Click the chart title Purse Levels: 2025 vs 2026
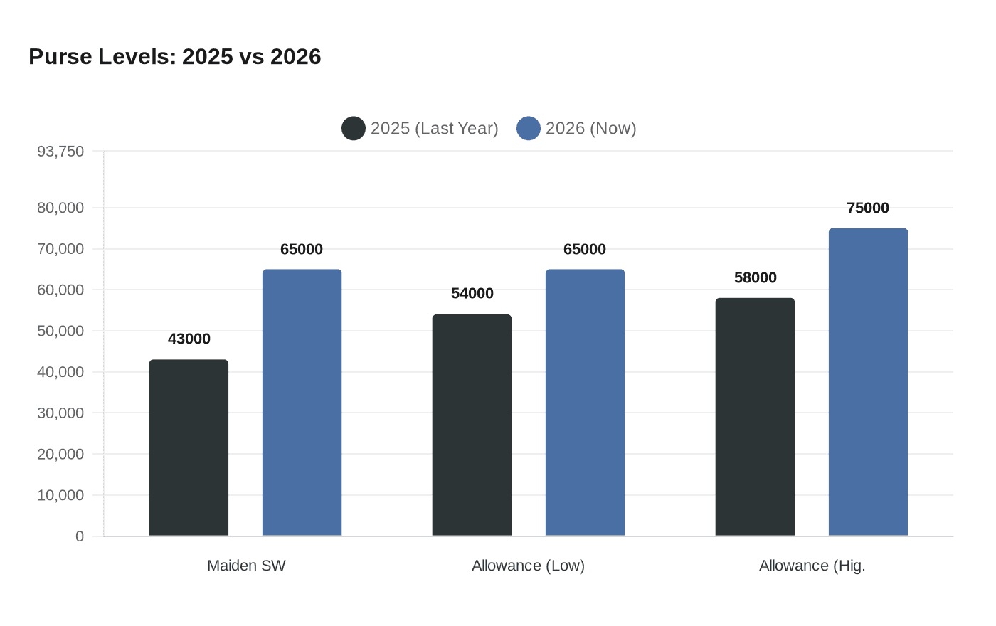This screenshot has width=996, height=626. pyautogui.click(x=175, y=57)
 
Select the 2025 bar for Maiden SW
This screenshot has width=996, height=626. pyautogui.click(x=189, y=448)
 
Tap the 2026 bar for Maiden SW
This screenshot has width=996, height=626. pyautogui.click(x=302, y=403)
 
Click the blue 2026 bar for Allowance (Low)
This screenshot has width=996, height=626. pyautogui.click(x=585, y=403)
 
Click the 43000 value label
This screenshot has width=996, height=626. pyautogui.click(x=189, y=339)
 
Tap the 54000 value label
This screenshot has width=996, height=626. pyautogui.click(x=472, y=294)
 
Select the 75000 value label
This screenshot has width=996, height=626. pyautogui.click(x=868, y=208)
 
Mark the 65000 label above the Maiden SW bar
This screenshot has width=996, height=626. pyautogui.click(x=302, y=250)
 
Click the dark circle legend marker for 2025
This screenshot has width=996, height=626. pyautogui.click(x=354, y=129)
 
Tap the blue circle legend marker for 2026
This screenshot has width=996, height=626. pyautogui.click(x=529, y=129)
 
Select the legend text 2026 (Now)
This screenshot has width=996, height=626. pyautogui.click(x=590, y=129)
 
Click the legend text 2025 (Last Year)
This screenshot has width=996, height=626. pyautogui.click(x=434, y=129)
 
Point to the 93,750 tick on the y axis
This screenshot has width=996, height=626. pyautogui.click(x=60, y=152)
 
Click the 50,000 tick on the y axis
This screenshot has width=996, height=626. pyautogui.click(x=60, y=331)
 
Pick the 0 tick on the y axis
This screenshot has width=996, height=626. pyautogui.click(x=80, y=536)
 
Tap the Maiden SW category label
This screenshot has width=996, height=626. pyautogui.click(x=246, y=566)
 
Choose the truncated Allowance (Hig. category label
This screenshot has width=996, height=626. pyautogui.click(x=812, y=566)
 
